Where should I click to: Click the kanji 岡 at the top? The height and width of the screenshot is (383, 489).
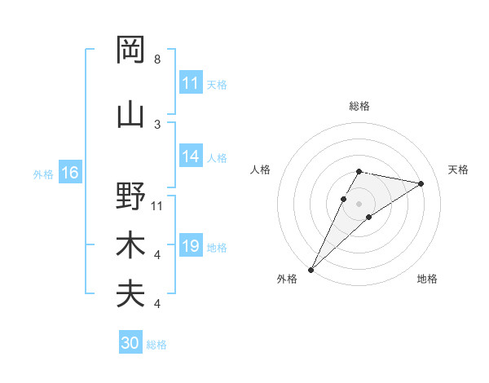pos(130,50)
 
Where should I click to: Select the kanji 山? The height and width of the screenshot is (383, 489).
pos(130,115)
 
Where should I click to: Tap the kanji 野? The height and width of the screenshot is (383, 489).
pos(130,196)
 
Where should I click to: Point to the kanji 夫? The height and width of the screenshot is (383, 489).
pos(130,294)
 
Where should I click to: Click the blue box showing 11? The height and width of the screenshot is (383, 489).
pos(191,83)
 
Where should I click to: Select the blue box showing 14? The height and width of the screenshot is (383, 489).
pos(191,157)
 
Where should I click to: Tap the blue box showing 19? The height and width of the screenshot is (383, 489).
pos(191,247)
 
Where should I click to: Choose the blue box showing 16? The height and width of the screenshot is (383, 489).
pos(70,173)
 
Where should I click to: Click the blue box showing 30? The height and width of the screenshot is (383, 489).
pos(130,343)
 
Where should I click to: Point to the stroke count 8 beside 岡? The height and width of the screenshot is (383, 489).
pos(157,59)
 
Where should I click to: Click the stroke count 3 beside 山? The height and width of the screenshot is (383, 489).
pos(157,125)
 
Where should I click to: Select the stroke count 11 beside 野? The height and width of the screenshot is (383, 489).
pos(157,206)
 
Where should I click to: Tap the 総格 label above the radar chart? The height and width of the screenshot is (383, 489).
pos(359,106)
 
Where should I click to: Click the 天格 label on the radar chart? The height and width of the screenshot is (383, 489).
pos(458,169)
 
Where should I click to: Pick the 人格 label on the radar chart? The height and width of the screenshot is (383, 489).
pos(260,169)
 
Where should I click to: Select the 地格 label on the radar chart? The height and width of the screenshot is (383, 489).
pos(427,279)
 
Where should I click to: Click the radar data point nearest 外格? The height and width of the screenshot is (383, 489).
pos(311,269)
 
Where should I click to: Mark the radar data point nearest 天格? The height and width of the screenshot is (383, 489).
pos(421,183)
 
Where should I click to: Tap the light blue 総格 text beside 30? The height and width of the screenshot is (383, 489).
pos(156,345)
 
